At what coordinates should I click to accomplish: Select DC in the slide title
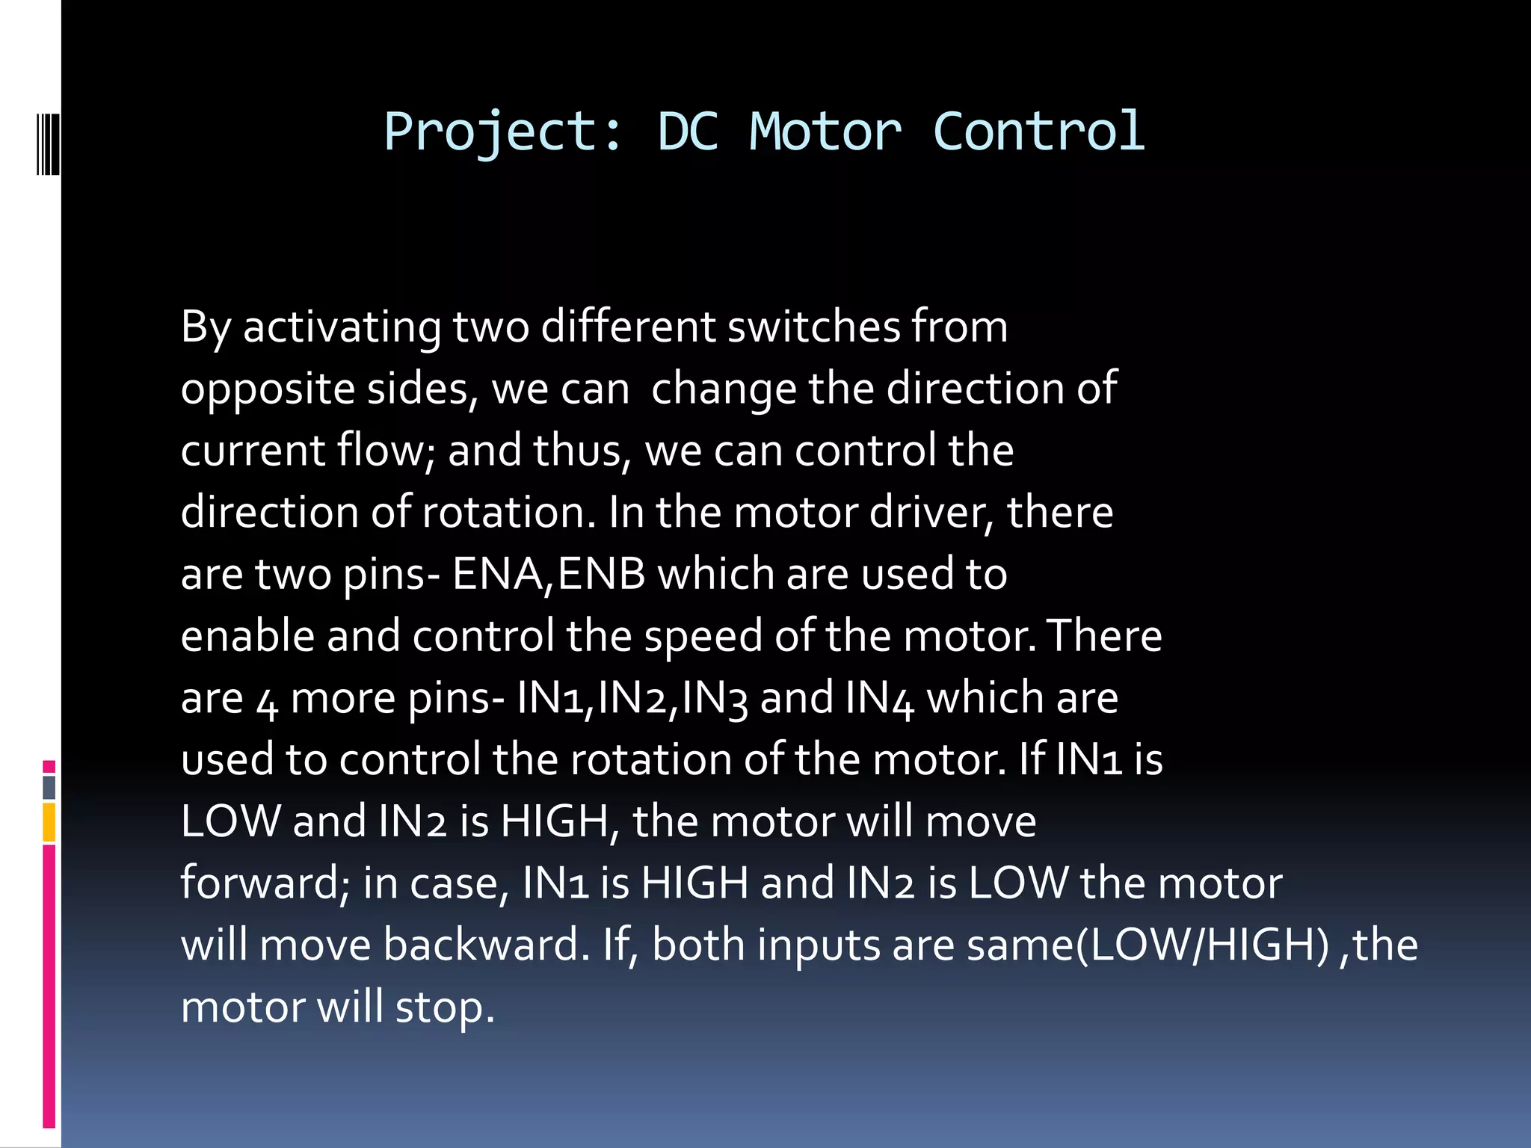(x=688, y=132)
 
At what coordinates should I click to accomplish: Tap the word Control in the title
(x=1038, y=132)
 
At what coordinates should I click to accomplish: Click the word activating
(x=342, y=327)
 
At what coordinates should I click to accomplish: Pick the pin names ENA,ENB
(x=549, y=574)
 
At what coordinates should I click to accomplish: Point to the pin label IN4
(x=880, y=699)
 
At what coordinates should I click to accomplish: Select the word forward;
(x=265, y=883)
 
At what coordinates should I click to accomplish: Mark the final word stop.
(x=445, y=1007)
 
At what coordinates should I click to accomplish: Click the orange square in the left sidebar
(x=49, y=822)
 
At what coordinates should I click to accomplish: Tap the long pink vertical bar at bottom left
(x=49, y=986)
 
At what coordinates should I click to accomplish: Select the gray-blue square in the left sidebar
(x=49, y=787)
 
